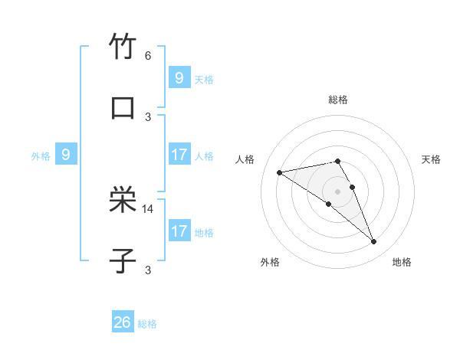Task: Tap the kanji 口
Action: [123, 107]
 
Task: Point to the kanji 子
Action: [123, 260]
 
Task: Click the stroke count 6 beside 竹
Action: [148, 56]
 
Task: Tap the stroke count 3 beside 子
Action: [148, 270]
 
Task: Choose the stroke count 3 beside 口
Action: [148, 116]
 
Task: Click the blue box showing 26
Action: [123, 322]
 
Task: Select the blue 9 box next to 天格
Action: [179, 78]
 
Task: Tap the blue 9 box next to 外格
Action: [66, 155]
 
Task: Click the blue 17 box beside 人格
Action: [179, 155]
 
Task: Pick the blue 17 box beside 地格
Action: [179, 231]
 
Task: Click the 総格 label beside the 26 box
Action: [147, 324]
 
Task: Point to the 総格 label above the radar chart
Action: [337, 100]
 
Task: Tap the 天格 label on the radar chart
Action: [431, 159]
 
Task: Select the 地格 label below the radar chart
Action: [402, 262]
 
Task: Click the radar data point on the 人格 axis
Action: [280, 172]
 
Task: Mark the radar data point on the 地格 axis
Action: [374, 242]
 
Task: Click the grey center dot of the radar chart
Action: [337, 191]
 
